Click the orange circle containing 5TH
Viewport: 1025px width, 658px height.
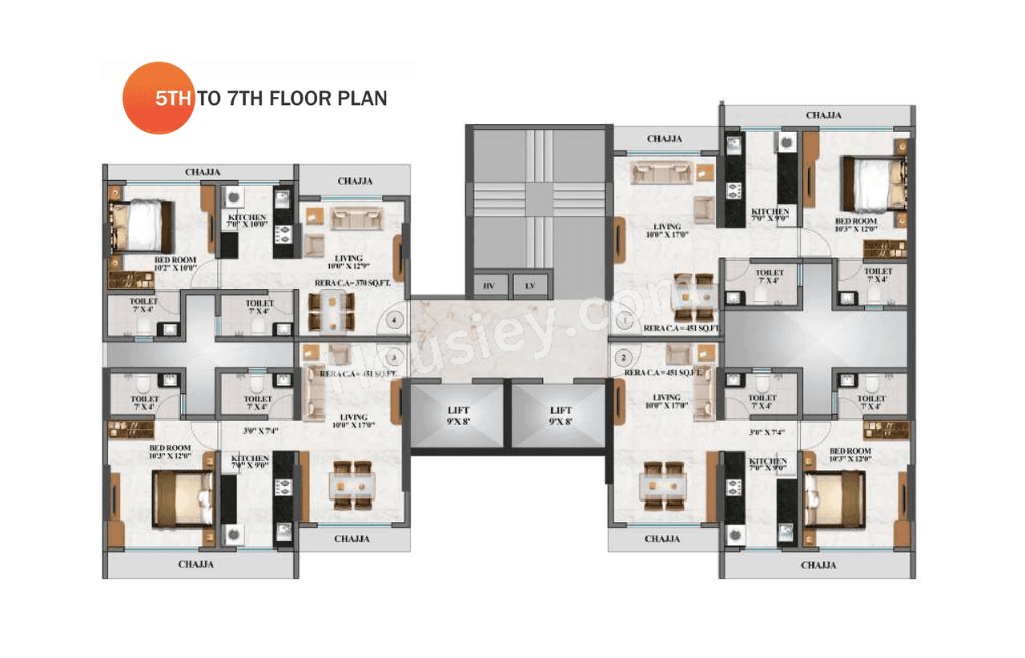pos(159,98)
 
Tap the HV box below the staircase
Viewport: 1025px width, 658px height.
pos(488,286)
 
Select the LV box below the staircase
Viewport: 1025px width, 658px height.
pos(529,286)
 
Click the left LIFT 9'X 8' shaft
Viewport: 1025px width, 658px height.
pos(458,415)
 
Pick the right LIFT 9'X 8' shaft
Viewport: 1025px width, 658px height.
pos(561,415)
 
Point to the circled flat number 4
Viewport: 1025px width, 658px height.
pos(392,319)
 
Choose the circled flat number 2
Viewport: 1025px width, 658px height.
pos(625,358)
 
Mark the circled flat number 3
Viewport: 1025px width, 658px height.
pos(392,358)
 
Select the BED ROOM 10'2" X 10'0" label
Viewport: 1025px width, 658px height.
pos(175,264)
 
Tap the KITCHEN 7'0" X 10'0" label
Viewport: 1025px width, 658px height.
pos(247,223)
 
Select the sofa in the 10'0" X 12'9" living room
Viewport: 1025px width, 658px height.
pos(356,219)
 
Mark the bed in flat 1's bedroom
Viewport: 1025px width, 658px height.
pos(873,183)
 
